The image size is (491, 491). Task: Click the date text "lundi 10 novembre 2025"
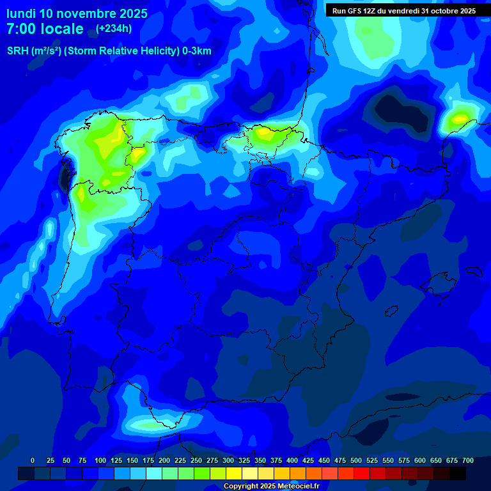pyautogui.click(x=77, y=13)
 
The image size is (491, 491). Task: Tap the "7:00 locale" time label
pyautogui.click(x=45, y=29)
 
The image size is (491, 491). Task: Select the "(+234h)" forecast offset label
pyautogui.click(x=113, y=29)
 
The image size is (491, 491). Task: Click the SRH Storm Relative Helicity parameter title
pyautogui.click(x=109, y=51)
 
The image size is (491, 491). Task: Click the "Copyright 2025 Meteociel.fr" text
pyautogui.click(x=271, y=487)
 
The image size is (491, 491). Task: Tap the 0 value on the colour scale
pyautogui.click(x=33, y=460)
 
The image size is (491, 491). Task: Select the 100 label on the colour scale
pyautogui.click(x=100, y=460)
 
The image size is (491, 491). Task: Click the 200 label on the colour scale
pyautogui.click(x=164, y=460)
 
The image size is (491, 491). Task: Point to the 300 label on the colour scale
pyautogui.click(x=228, y=460)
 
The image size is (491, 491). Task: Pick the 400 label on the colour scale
pyautogui.click(x=292, y=460)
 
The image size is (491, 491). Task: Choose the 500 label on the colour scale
pyautogui.click(x=356, y=460)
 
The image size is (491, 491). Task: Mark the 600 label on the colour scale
pyautogui.click(x=420, y=460)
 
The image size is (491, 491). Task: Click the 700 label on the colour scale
pyautogui.click(x=468, y=460)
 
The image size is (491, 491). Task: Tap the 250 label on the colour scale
pyautogui.click(x=196, y=460)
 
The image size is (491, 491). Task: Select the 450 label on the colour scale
pyautogui.click(x=324, y=460)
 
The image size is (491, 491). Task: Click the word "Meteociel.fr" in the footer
pyautogui.click(x=298, y=487)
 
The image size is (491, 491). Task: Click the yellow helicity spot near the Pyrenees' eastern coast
pyautogui.click(x=459, y=118)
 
